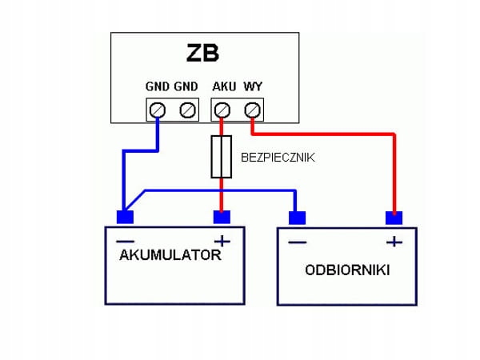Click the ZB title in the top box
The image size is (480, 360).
coord(202,54)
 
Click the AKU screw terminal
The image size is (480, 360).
coord(223,109)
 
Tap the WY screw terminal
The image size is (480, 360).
coord(253,109)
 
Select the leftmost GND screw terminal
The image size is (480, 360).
coord(158,109)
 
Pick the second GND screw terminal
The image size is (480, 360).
coord(188,109)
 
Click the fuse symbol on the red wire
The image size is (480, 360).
coord(222,157)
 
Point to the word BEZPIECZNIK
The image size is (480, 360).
coord(278,158)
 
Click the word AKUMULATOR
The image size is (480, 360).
coord(170,256)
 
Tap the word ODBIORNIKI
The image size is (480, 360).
coord(347,270)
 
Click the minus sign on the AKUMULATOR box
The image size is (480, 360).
coord(126,240)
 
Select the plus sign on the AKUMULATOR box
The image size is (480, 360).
coord(222,240)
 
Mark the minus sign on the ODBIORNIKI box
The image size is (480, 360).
coord(297,241)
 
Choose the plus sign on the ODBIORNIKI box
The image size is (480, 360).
coord(393,241)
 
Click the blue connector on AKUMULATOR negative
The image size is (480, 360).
coord(125,217)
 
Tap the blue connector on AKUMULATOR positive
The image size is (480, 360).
coord(222,217)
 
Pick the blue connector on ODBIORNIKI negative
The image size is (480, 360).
coord(297,218)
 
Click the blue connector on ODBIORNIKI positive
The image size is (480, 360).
coord(393,218)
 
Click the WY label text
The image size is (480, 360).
coord(253,86)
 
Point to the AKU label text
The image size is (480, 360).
coord(223,86)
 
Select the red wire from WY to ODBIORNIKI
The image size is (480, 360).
coord(393,168)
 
